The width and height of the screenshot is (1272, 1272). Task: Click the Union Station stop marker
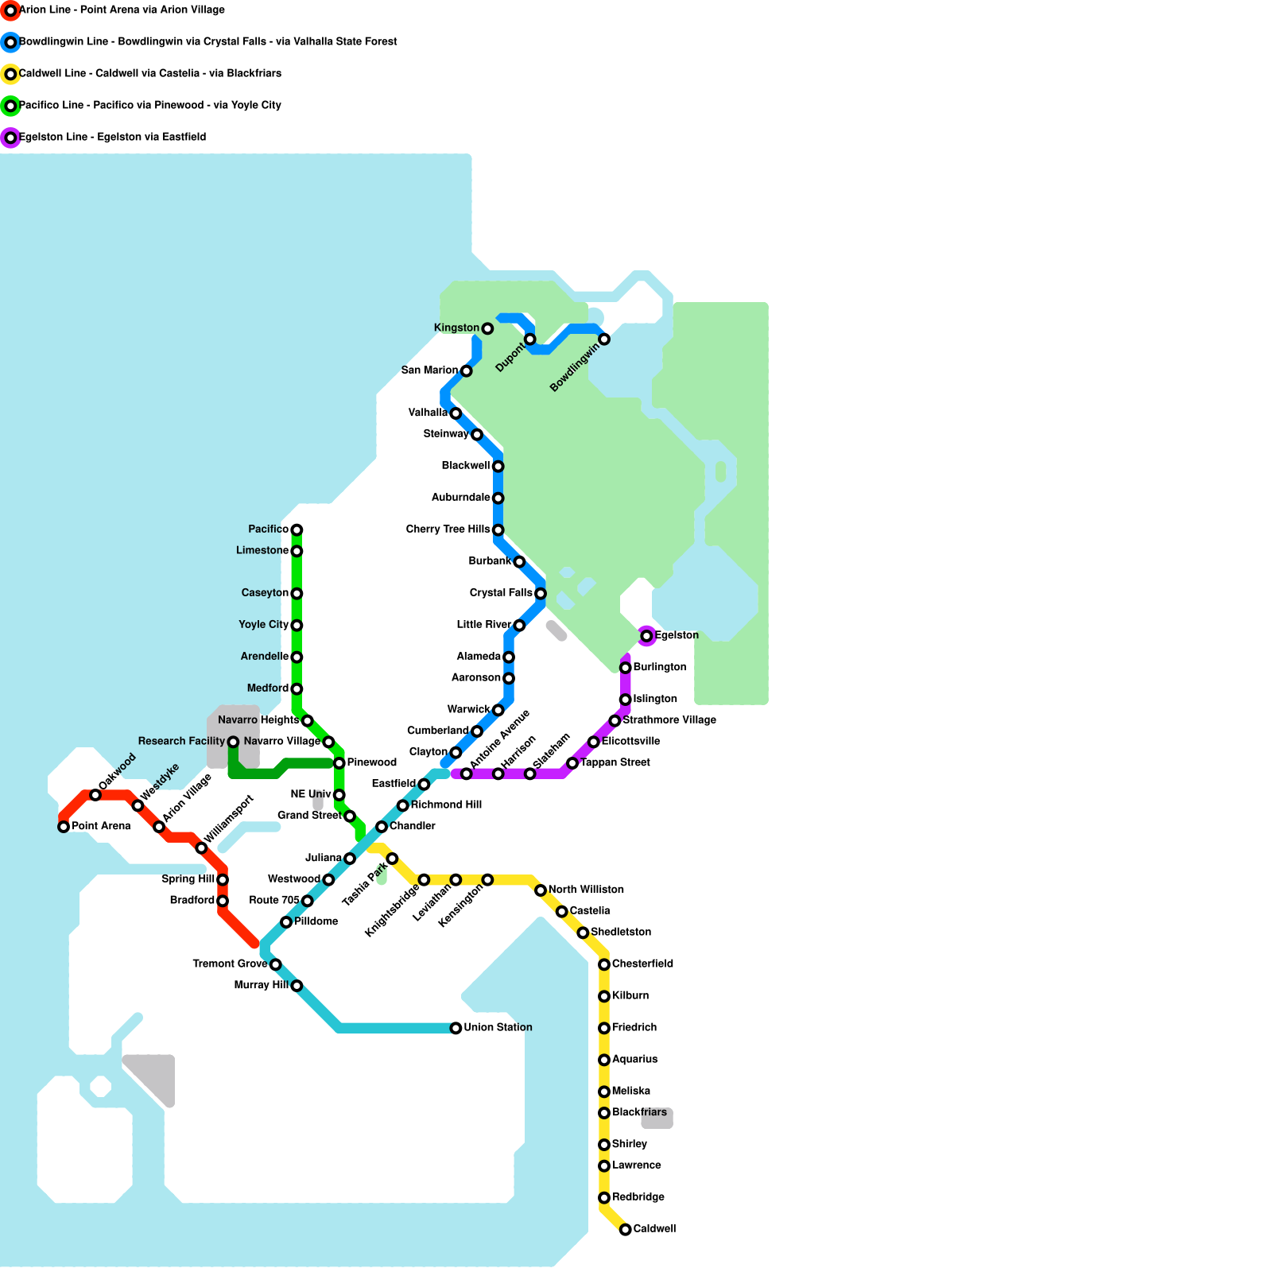coord(456,1028)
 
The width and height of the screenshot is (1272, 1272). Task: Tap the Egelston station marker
coord(646,636)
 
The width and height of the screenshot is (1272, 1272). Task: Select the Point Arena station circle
coord(64,827)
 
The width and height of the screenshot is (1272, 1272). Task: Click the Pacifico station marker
coord(297,529)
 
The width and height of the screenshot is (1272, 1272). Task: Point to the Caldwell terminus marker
coord(626,1229)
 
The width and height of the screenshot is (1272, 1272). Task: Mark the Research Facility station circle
coord(233,742)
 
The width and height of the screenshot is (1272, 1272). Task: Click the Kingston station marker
coord(487,328)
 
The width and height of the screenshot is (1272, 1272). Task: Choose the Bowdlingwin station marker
coord(604,339)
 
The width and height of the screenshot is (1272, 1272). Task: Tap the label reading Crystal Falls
coord(501,593)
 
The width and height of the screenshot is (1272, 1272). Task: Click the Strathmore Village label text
coord(669,720)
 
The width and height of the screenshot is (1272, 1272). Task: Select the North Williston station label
coord(586,890)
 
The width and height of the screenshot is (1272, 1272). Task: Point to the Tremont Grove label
coord(230,964)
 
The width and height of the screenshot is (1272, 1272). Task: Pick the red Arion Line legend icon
coord(10,10)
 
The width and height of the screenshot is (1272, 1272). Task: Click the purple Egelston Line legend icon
coord(10,138)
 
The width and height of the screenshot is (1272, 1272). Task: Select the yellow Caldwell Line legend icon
coord(10,74)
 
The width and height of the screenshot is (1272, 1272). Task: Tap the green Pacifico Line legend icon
coord(10,106)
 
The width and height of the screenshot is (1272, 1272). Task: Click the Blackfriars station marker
coord(604,1113)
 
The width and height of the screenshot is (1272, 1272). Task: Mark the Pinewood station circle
coord(339,763)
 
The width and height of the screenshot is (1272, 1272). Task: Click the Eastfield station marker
coord(424,785)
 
